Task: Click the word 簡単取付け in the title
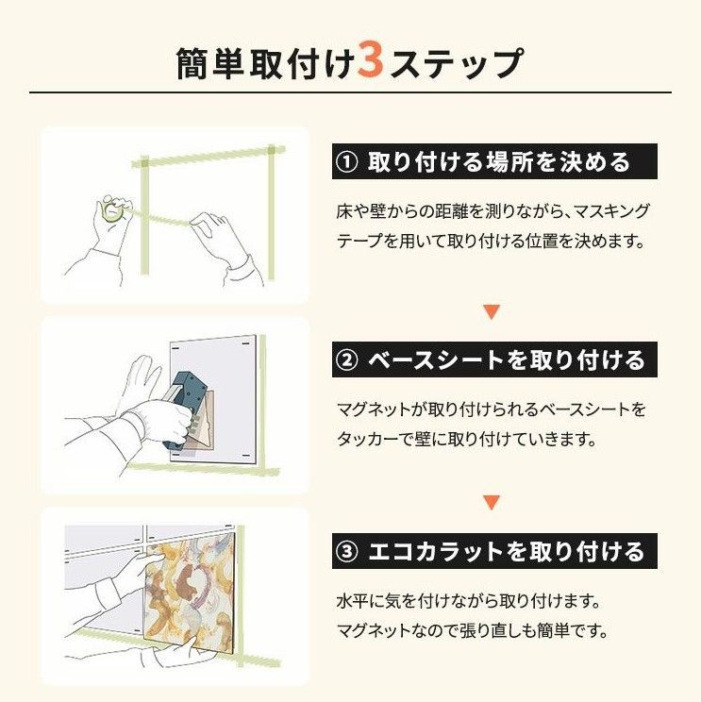(x=266, y=63)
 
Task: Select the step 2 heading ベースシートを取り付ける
(x=505, y=360)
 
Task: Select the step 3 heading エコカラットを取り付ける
(x=505, y=550)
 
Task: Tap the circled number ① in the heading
(x=346, y=161)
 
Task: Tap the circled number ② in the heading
(x=346, y=360)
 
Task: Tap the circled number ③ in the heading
(x=346, y=550)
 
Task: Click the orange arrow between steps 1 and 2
(x=491, y=310)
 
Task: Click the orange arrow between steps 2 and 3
(x=491, y=502)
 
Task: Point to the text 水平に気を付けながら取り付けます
(x=469, y=600)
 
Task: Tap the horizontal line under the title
(x=350, y=92)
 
